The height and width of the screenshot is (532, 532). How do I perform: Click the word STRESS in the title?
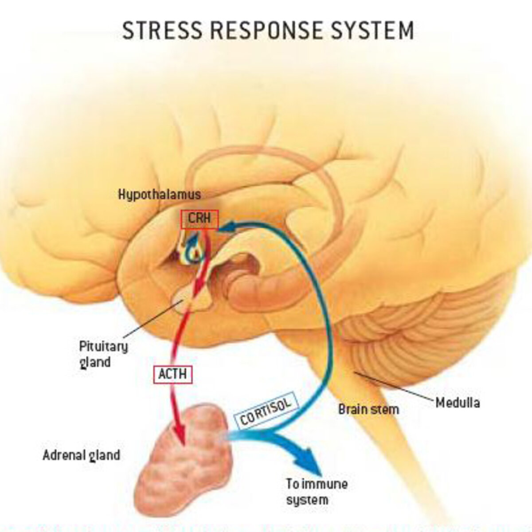tap(162, 30)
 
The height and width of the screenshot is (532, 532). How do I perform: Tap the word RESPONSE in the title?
tap(266, 30)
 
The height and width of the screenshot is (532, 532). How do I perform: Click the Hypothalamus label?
tap(160, 195)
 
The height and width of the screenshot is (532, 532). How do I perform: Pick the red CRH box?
tap(199, 219)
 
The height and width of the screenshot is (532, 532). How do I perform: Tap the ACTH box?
tap(173, 375)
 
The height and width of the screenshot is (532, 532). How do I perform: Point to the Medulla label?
tap(458, 403)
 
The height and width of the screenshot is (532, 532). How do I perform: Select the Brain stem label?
tap(369, 409)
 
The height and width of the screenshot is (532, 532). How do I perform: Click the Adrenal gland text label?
tap(82, 455)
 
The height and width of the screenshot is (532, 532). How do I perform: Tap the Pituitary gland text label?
tap(104, 355)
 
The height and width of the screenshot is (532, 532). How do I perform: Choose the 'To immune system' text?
tap(317, 492)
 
